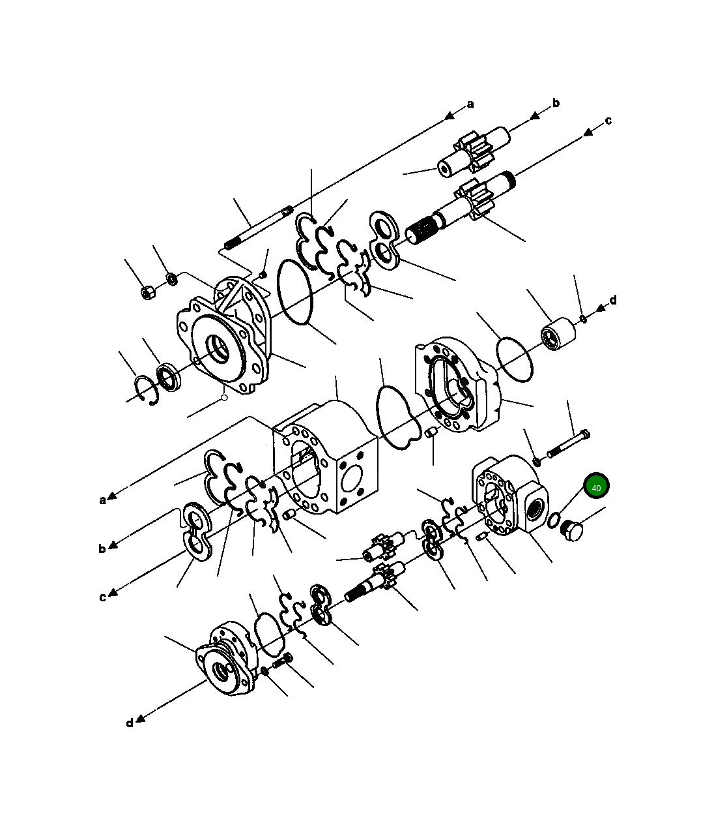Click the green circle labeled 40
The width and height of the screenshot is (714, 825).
pos(596,487)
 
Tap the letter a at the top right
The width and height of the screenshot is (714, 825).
pos(470,104)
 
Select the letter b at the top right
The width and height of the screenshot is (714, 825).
pos(556,102)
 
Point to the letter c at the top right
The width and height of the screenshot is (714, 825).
pos(608,120)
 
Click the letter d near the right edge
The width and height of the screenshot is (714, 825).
pos(612,300)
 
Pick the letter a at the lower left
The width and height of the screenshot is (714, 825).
pos(102,500)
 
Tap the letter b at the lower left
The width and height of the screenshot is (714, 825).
pos(102,548)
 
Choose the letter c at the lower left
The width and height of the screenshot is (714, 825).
pos(102,597)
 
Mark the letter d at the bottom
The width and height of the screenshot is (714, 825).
pos(130,723)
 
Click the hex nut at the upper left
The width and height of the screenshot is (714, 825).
pos(148,292)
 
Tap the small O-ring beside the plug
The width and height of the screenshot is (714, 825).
pos(553,520)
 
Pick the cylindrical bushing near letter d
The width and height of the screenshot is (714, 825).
pos(558,334)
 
